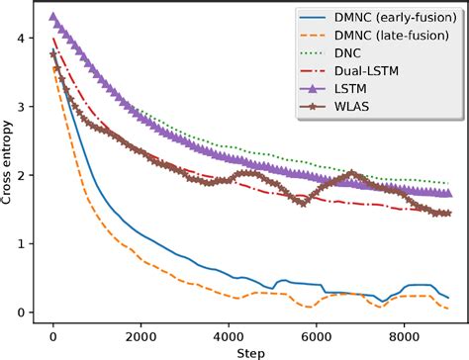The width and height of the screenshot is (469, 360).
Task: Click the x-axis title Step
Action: (250, 351)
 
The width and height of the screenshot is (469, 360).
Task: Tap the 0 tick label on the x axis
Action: (53, 334)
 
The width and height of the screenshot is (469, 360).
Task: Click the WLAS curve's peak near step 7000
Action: (352, 173)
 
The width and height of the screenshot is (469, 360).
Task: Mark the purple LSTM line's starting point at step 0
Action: (53, 17)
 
